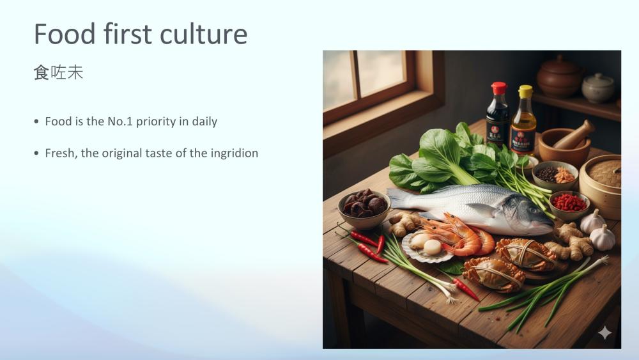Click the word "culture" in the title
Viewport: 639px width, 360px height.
pyautogui.click(x=203, y=34)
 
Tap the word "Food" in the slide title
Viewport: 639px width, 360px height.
pyautogui.click(x=65, y=34)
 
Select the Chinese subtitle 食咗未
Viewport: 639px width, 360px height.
pyautogui.click(x=58, y=72)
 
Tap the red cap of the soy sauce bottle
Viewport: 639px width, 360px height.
pyautogui.click(x=499, y=88)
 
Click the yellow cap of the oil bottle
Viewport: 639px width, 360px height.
pyautogui.click(x=525, y=91)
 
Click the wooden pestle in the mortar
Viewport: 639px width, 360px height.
pyautogui.click(x=574, y=134)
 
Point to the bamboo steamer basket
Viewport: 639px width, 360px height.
pyautogui.click(x=601, y=185)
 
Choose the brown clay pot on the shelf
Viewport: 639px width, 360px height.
pyautogui.click(x=559, y=77)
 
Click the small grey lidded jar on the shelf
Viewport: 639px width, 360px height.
pyautogui.click(x=598, y=88)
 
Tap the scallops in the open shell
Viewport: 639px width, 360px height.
pyautogui.click(x=426, y=244)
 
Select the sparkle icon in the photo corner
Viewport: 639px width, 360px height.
pyautogui.click(x=605, y=333)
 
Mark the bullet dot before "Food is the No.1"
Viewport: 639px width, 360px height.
pyautogui.click(x=36, y=121)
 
